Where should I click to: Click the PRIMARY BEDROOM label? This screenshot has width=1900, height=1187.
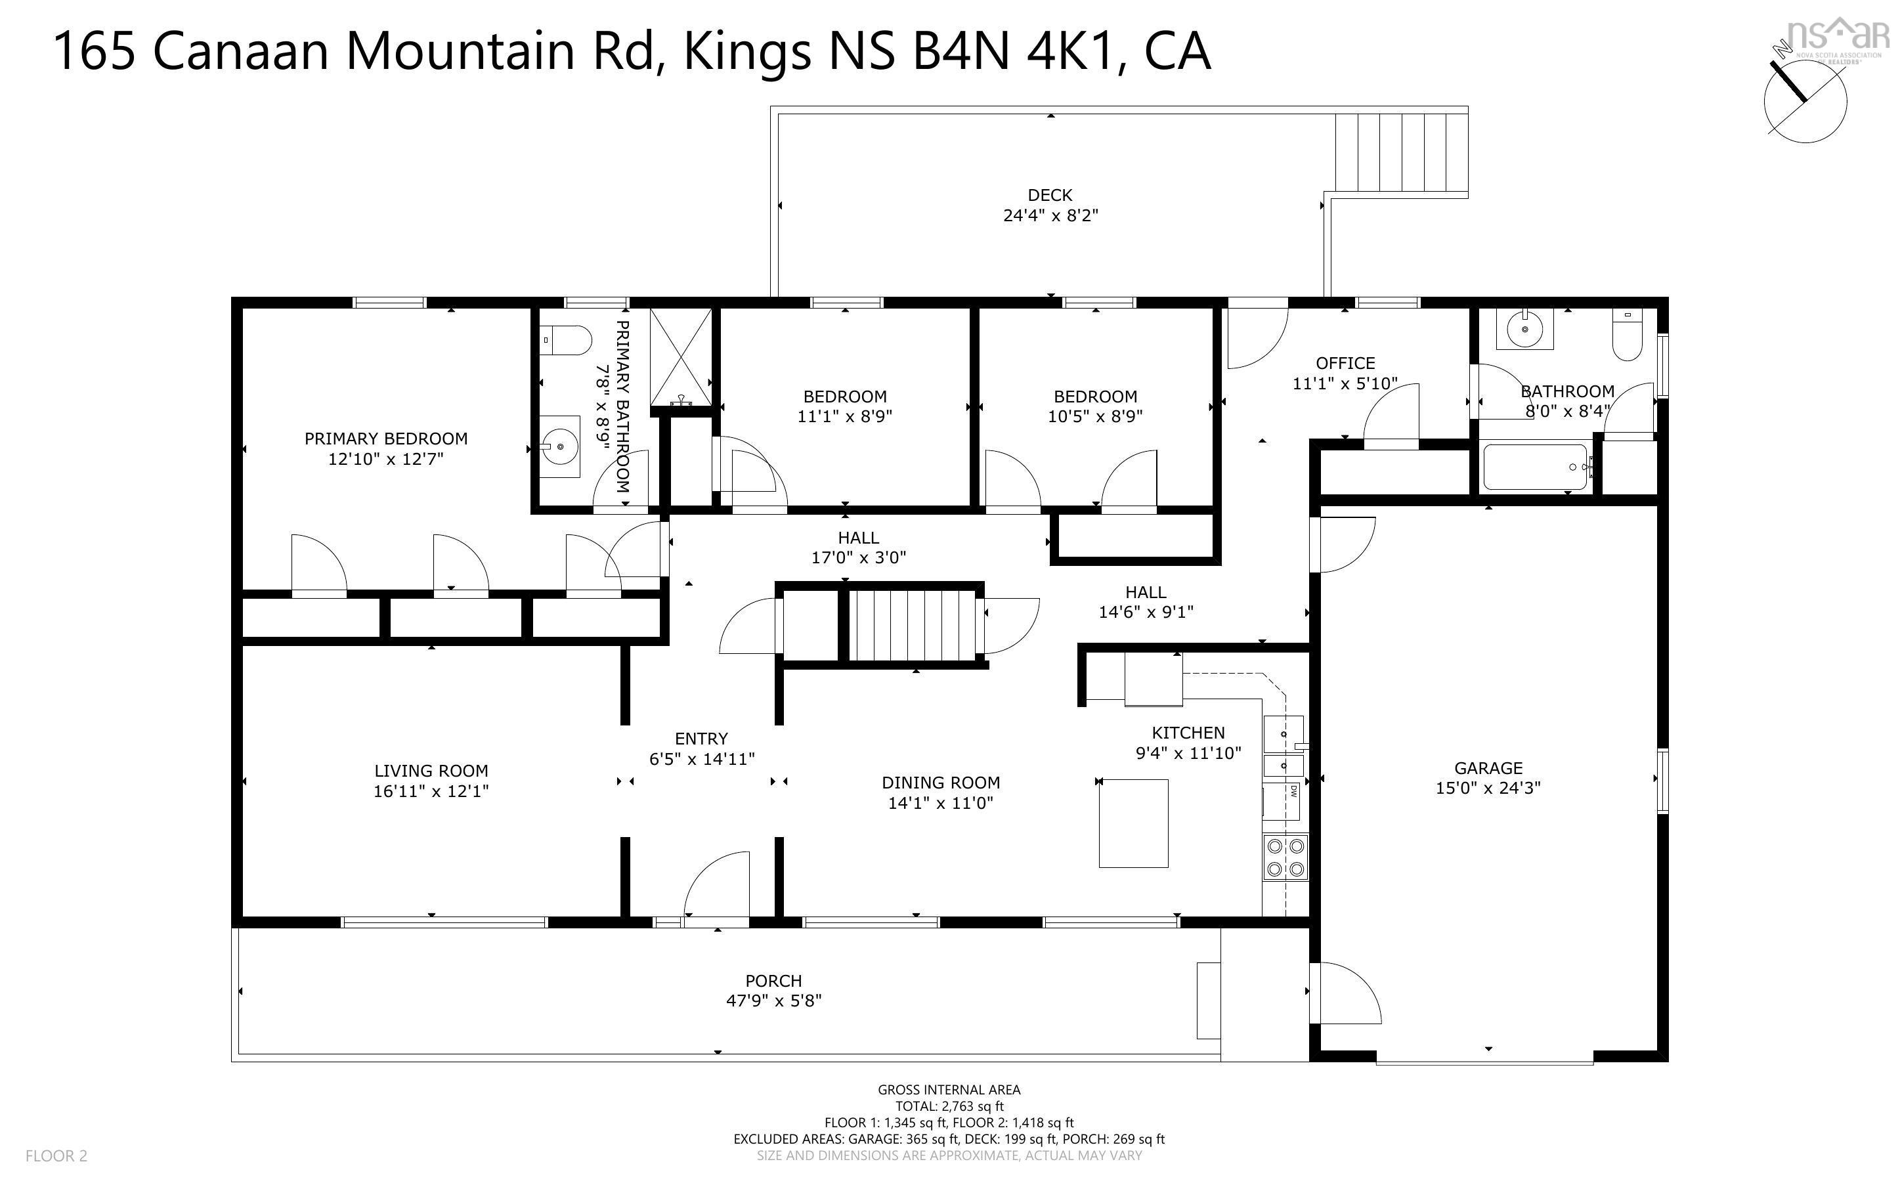385,439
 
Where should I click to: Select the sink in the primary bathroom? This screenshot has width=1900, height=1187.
559,446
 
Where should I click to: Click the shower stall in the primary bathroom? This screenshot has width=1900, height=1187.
681,357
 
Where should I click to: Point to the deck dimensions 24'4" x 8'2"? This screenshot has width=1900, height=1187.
1050,215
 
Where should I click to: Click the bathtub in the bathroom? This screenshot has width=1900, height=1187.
1534,467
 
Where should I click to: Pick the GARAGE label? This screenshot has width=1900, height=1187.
1488,767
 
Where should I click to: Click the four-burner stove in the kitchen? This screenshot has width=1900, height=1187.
1285,857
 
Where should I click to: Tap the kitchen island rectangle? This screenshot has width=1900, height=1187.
1133,823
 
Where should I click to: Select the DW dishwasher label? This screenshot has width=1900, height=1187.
1292,790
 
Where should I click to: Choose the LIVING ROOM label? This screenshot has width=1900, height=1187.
431,771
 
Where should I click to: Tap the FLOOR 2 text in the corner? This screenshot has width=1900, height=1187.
56,1155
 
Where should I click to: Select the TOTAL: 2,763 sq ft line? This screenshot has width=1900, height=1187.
949,1106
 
